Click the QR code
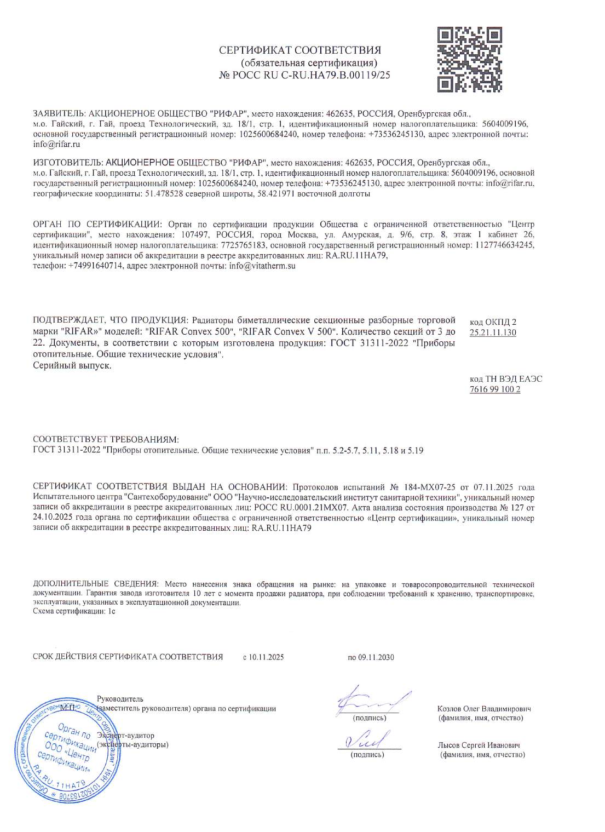(x=469, y=60)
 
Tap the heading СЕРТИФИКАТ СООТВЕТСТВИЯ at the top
(x=300, y=50)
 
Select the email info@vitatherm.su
(x=262, y=266)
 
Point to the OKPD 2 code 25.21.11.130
(x=493, y=332)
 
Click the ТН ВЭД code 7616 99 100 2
(x=495, y=389)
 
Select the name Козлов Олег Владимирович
(x=484, y=708)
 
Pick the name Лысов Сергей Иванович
(x=479, y=745)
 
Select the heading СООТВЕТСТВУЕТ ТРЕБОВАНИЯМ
(x=106, y=439)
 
